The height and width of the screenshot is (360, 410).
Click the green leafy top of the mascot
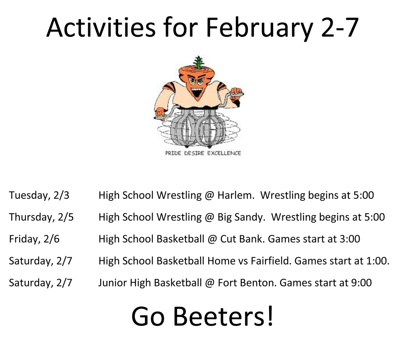[198, 63]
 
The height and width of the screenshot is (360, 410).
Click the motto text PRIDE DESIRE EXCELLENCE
[203, 153]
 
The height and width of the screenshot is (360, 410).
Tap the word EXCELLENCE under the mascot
[224, 153]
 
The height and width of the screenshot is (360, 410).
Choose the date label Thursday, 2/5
[41, 217]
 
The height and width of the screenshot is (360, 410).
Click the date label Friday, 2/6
[34, 239]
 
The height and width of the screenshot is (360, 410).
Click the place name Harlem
[235, 195]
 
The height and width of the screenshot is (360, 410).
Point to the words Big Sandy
[241, 217]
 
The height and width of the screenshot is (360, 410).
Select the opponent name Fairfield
[271, 261]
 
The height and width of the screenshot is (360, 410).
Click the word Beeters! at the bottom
[224, 316]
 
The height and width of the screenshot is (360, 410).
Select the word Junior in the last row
[111, 283]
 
